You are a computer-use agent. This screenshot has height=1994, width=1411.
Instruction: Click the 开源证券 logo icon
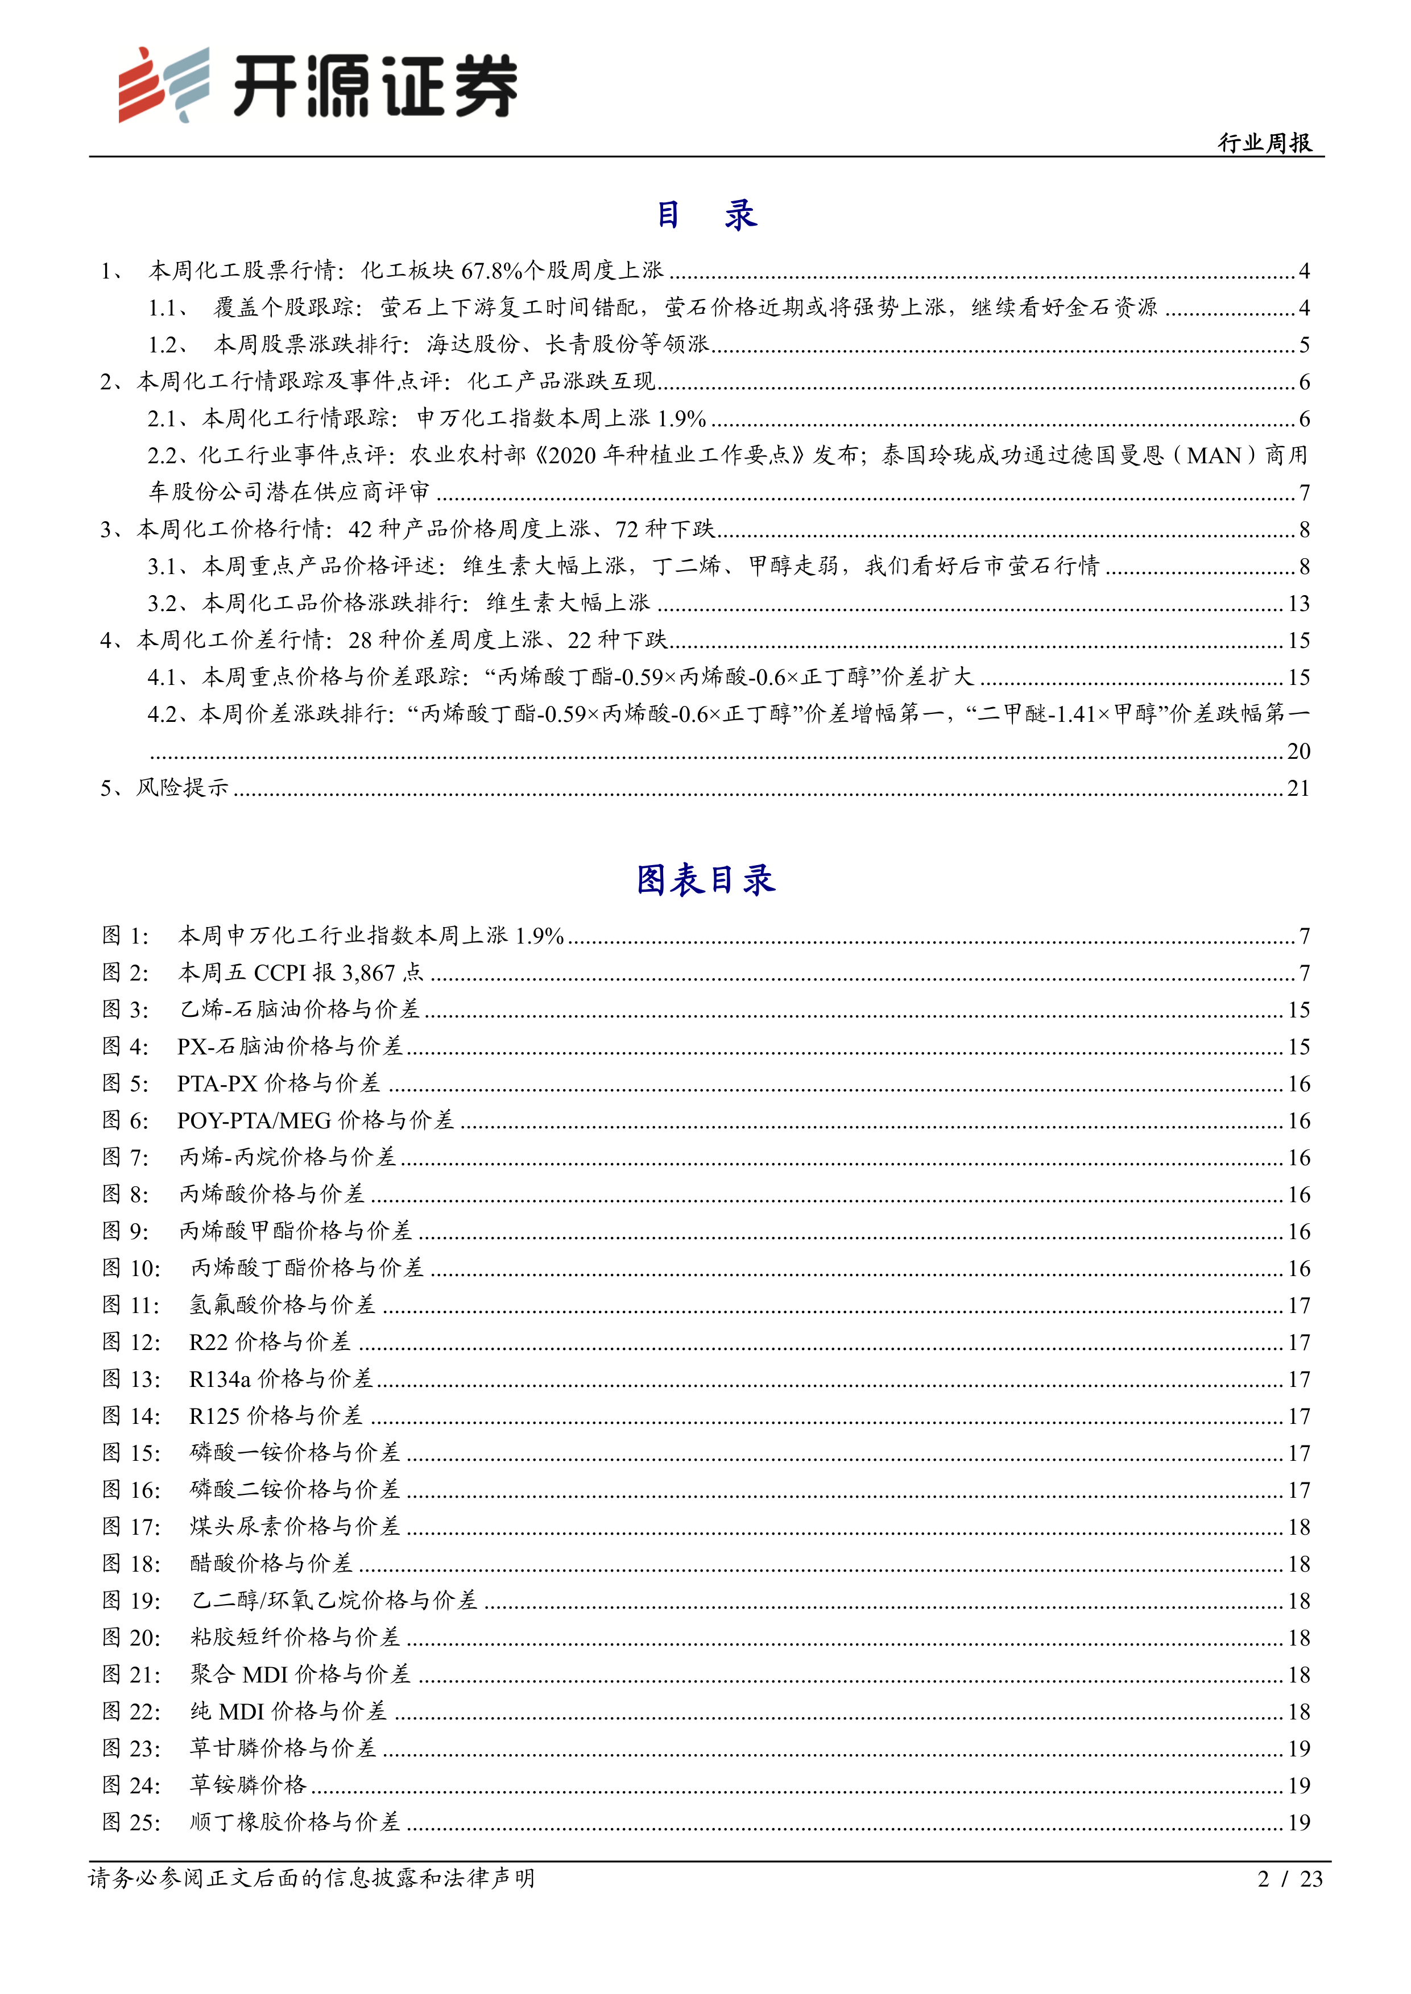163,84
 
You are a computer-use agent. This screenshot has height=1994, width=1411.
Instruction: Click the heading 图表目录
705,880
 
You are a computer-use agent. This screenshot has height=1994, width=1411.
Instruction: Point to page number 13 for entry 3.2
1298,604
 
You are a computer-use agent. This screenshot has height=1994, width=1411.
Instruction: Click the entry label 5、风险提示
164,788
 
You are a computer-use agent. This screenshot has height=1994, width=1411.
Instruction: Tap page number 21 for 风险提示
1298,788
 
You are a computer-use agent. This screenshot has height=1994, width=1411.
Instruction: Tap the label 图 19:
131,1601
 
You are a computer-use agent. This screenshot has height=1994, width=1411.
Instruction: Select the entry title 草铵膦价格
249,1785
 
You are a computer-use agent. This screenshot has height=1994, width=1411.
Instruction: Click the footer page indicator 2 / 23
1289,1879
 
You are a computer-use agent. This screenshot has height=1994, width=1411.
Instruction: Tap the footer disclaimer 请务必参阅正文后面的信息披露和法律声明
312,1879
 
